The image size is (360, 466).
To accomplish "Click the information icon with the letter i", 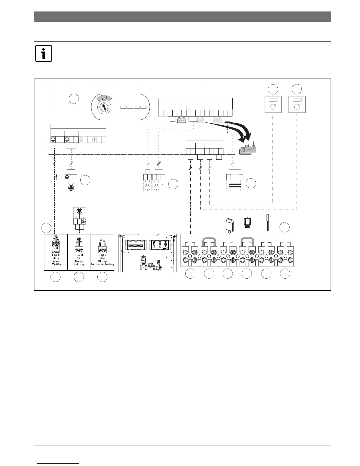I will click(x=44, y=53).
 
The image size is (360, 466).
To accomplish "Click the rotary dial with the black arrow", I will click(x=104, y=107).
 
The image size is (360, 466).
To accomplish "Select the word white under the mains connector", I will click(x=56, y=258).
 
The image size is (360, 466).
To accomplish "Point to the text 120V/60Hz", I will click(x=56, y=264).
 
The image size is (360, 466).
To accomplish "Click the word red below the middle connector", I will click(x=79, y=258).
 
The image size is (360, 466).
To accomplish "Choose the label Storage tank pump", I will click(x=79, y=263).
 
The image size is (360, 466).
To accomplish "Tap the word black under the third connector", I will click(x=102, y=258).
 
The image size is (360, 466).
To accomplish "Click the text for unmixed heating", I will click(x=102, y=264).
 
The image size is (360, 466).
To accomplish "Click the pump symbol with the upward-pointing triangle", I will click(x=71, y=188).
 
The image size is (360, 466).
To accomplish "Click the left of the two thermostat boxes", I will click(x=273, y=104).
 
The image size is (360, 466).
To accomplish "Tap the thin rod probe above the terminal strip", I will click(x=267, y=223).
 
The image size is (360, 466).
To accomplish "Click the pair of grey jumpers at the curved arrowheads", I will click(x=248, y=149).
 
